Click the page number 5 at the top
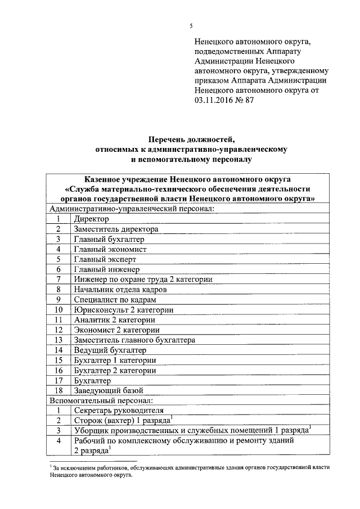191,26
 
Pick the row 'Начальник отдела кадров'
120,289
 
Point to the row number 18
58,390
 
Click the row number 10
58,309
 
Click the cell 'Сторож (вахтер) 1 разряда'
123,420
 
